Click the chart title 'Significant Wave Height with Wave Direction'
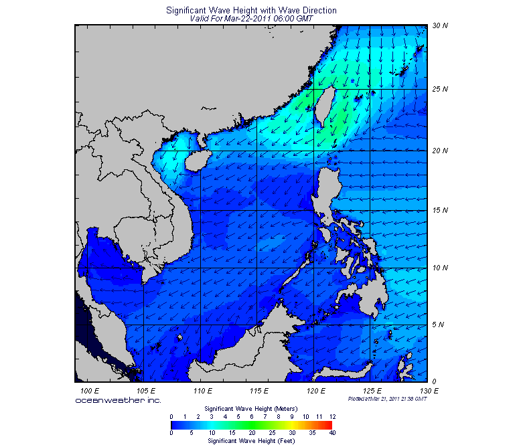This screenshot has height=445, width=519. (x=251, y=11)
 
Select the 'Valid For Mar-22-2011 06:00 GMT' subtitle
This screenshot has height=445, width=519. (x=251, y=19)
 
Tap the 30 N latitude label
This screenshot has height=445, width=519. (x=439, y=26)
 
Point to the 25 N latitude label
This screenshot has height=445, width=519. (x=439, y=89)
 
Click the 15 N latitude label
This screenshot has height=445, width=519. (x=439, y=211)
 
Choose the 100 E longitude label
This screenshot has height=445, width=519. (x=89, y=389)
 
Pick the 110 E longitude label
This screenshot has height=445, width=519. (x=203, y=389)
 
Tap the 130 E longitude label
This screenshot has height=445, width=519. (x=429, y=389)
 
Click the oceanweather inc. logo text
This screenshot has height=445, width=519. (x=118, y=399)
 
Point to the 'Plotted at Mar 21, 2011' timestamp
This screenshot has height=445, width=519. (x=388, y=398)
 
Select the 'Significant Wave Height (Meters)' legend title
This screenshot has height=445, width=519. (x=251, y=408)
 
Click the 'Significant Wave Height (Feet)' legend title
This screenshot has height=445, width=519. (x=251, y=441)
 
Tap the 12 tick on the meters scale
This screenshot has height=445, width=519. (x=332, y=416)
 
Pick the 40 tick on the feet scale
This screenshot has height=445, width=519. (x=332, y=433)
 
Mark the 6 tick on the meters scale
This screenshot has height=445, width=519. (x=252, y=416)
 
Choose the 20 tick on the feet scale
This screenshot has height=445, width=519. (x=252, y=433)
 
